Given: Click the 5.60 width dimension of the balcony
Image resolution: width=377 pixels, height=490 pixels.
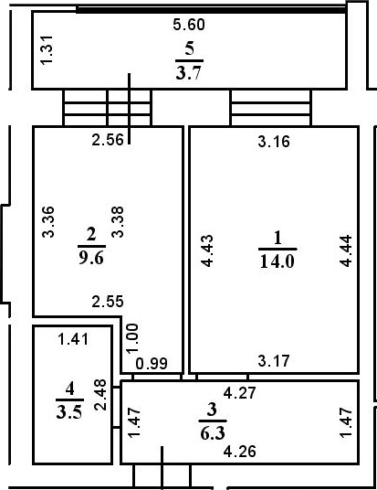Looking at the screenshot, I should coord(191,26).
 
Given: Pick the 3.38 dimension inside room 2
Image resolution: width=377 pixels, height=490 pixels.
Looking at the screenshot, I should coord(114,223).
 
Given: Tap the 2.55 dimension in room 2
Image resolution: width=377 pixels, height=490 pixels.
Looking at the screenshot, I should coord(108,299).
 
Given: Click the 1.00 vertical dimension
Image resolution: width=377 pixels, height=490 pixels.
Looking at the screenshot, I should coord(133,339).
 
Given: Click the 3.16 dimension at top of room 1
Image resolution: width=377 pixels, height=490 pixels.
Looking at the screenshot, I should coord(273,141).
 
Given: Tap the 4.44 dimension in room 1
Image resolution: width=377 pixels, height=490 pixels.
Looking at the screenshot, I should coord(344,250).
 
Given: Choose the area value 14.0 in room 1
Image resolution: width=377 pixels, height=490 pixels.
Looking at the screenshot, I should coord(278,259).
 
